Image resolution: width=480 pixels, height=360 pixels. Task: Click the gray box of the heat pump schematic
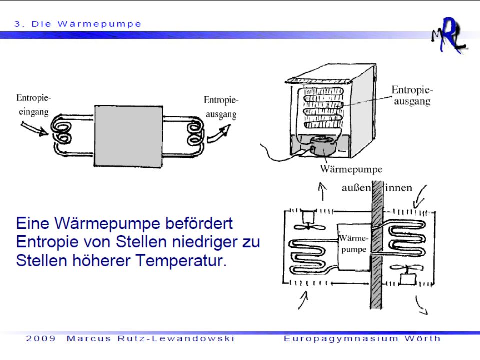point(128,136)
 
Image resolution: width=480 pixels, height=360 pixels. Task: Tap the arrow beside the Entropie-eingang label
point(34,128)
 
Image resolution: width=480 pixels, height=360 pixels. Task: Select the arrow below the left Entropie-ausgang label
point(219,134)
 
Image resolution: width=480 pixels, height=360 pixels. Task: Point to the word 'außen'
point(356,188)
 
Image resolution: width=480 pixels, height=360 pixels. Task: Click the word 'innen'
point(398,187)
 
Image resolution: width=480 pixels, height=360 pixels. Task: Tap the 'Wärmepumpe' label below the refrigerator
point(351,169)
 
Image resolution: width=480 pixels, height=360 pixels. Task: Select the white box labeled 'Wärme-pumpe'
point(354,247)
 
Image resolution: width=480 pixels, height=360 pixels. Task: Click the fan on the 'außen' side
point(308,221)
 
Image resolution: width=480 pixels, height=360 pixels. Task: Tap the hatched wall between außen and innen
point(377,245)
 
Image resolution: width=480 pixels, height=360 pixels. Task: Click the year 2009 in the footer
point(41,338)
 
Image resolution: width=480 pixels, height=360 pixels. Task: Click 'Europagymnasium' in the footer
point(341,339)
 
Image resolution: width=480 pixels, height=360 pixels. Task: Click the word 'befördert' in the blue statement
point(199,223)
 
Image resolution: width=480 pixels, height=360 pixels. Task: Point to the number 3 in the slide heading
point(17,24)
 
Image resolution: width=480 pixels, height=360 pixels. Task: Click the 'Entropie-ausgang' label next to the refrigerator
point(412,95)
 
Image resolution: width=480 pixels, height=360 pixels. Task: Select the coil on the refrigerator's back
point(323,108)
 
